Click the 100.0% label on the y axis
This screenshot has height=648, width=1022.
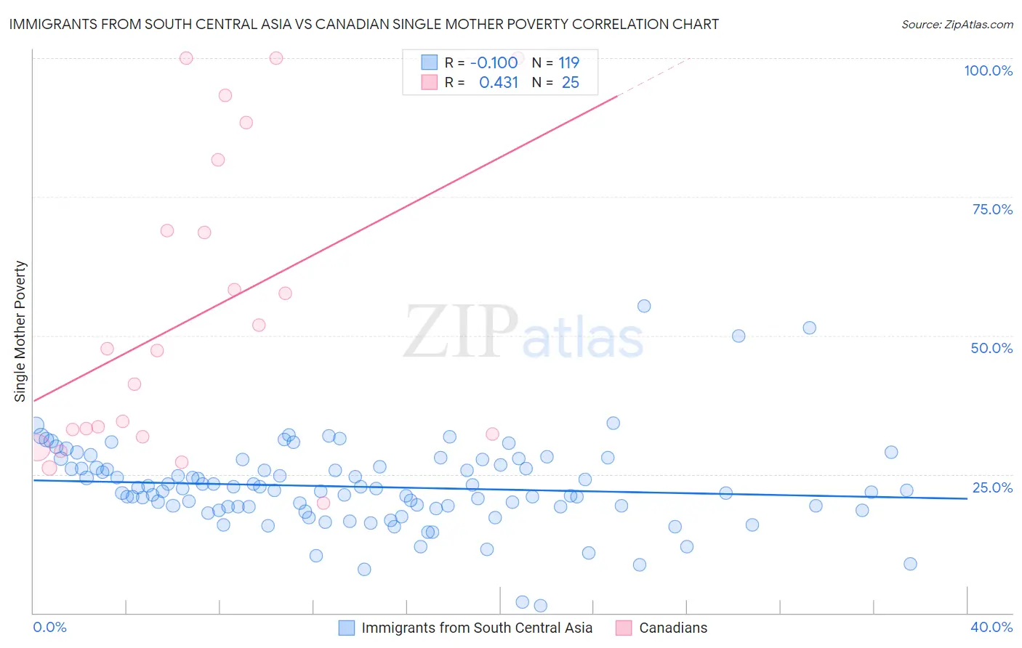coord(988,70)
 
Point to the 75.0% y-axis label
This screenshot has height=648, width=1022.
coord(992,209)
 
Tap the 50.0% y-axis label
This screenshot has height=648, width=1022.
coord(991,348)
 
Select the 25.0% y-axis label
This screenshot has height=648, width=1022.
coord(992,487)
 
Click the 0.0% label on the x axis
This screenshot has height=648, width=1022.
coord(49,627)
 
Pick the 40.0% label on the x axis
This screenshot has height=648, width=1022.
coord(991,627)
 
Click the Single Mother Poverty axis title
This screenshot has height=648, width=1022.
coord(20,331)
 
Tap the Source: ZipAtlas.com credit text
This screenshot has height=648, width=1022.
coord(957,25)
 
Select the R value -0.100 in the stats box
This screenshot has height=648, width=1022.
coord(494,62)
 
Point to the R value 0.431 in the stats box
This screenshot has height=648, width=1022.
coord(498,83)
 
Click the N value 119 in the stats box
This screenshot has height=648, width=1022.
coord(568,62)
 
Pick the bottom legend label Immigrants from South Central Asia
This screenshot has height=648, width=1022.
coord(477,628)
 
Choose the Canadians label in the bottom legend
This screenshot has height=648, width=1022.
coord(673,628)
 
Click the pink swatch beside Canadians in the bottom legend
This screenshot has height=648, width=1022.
coord(624,628)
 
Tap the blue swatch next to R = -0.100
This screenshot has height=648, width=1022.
coord(430,62)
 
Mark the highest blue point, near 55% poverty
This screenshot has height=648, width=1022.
coord(644,306)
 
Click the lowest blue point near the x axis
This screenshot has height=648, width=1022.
coord(540,606)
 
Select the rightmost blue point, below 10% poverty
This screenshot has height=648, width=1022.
coord(910,564)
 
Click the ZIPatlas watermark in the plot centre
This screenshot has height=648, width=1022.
coord(523,333)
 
